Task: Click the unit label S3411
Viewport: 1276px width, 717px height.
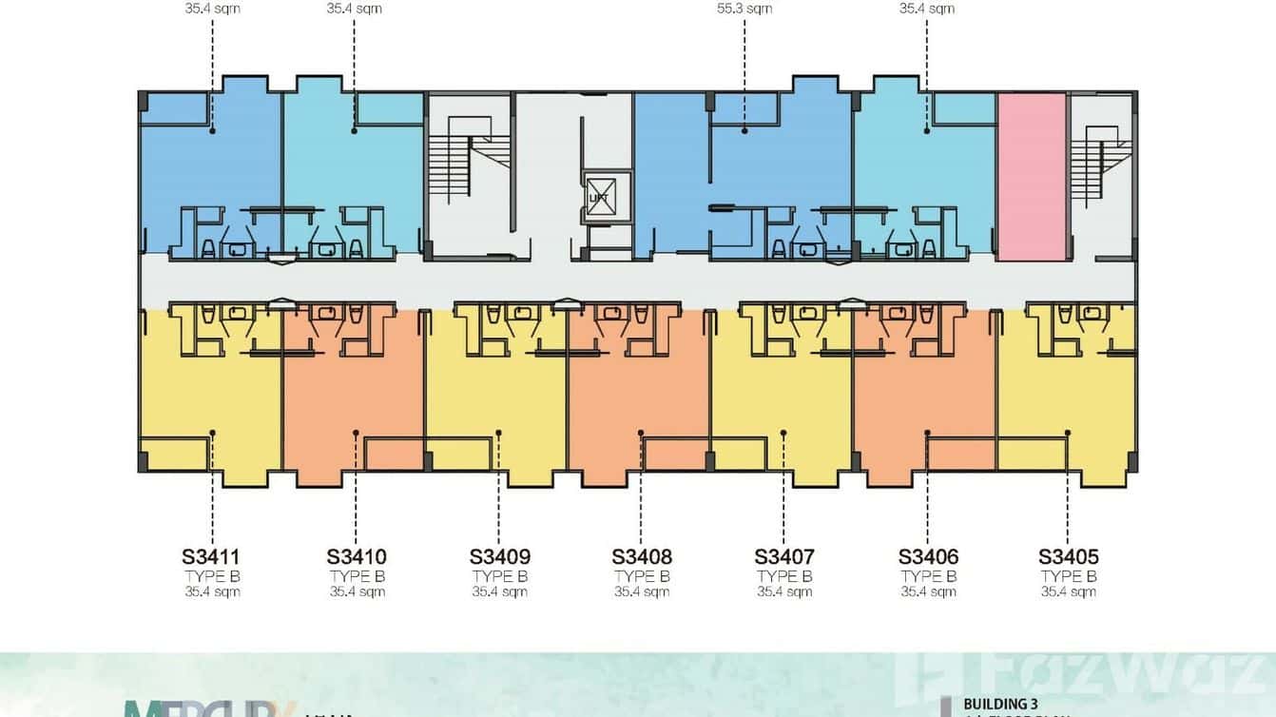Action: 210,556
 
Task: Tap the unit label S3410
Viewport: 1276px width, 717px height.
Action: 357,556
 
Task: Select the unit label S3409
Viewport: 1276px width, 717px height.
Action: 500,556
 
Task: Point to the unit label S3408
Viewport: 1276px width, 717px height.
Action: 642,556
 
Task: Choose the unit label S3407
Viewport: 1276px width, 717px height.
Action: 784,556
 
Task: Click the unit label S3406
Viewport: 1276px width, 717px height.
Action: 928,556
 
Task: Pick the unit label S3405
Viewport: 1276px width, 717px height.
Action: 1068,556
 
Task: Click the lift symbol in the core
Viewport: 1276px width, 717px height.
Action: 599,197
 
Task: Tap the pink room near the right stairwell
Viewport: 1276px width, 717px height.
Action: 1032,177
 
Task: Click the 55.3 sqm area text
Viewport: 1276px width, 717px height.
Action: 744,9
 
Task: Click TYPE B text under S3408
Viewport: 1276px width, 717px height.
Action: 642,576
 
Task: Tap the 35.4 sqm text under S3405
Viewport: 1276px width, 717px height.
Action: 1069,591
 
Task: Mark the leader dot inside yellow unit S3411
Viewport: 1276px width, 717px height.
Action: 212,433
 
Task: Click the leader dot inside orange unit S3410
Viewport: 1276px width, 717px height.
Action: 356,433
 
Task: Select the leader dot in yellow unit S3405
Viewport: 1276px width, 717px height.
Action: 1068,433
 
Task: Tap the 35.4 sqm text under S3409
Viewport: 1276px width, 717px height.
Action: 500,591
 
